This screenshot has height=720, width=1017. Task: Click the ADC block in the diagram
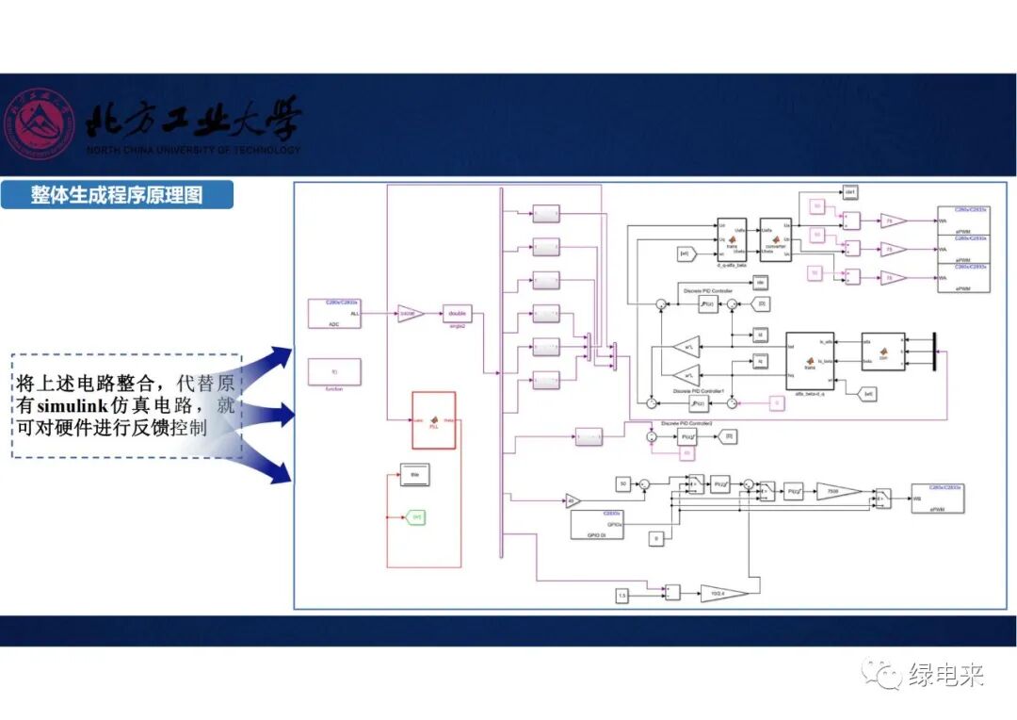[334, 313]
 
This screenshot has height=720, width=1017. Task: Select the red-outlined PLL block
[433, 420]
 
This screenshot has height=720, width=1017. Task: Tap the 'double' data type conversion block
[457, 314]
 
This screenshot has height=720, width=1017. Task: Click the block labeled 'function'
[334, 371]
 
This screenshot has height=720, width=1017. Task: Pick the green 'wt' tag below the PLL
[416, 515]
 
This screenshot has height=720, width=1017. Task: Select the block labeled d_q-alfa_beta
[731, 239]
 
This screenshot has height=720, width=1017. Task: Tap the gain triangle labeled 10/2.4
[723, 594]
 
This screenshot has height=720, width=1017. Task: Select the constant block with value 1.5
[621, 595]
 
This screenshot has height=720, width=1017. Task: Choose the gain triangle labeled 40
[573, 500]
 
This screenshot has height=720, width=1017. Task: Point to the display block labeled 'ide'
[761, 282]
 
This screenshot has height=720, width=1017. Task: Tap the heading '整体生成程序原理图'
[116, 195]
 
